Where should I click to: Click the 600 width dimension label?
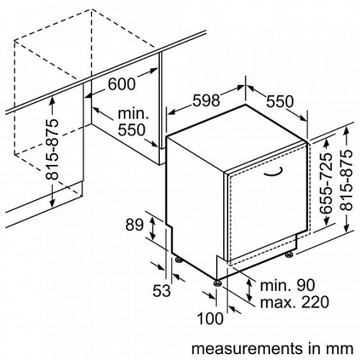[122, 84]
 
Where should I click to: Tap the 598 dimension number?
[207, 100]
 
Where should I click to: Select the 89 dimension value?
[135, 225]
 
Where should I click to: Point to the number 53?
[161, 291]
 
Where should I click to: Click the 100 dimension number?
[210, 318]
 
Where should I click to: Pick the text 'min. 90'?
[287, 285]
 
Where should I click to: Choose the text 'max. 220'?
[294, 302]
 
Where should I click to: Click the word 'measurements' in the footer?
[243, 348]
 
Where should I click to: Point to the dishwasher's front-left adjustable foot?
[218, 283]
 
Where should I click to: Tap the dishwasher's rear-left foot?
[179, 260]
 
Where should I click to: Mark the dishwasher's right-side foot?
[289, 255]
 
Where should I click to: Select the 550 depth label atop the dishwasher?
[280, 101]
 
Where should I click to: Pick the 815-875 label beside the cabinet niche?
[52, 150]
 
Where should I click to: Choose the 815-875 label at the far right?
[346, 180]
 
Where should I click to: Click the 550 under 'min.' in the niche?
[132, 130]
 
